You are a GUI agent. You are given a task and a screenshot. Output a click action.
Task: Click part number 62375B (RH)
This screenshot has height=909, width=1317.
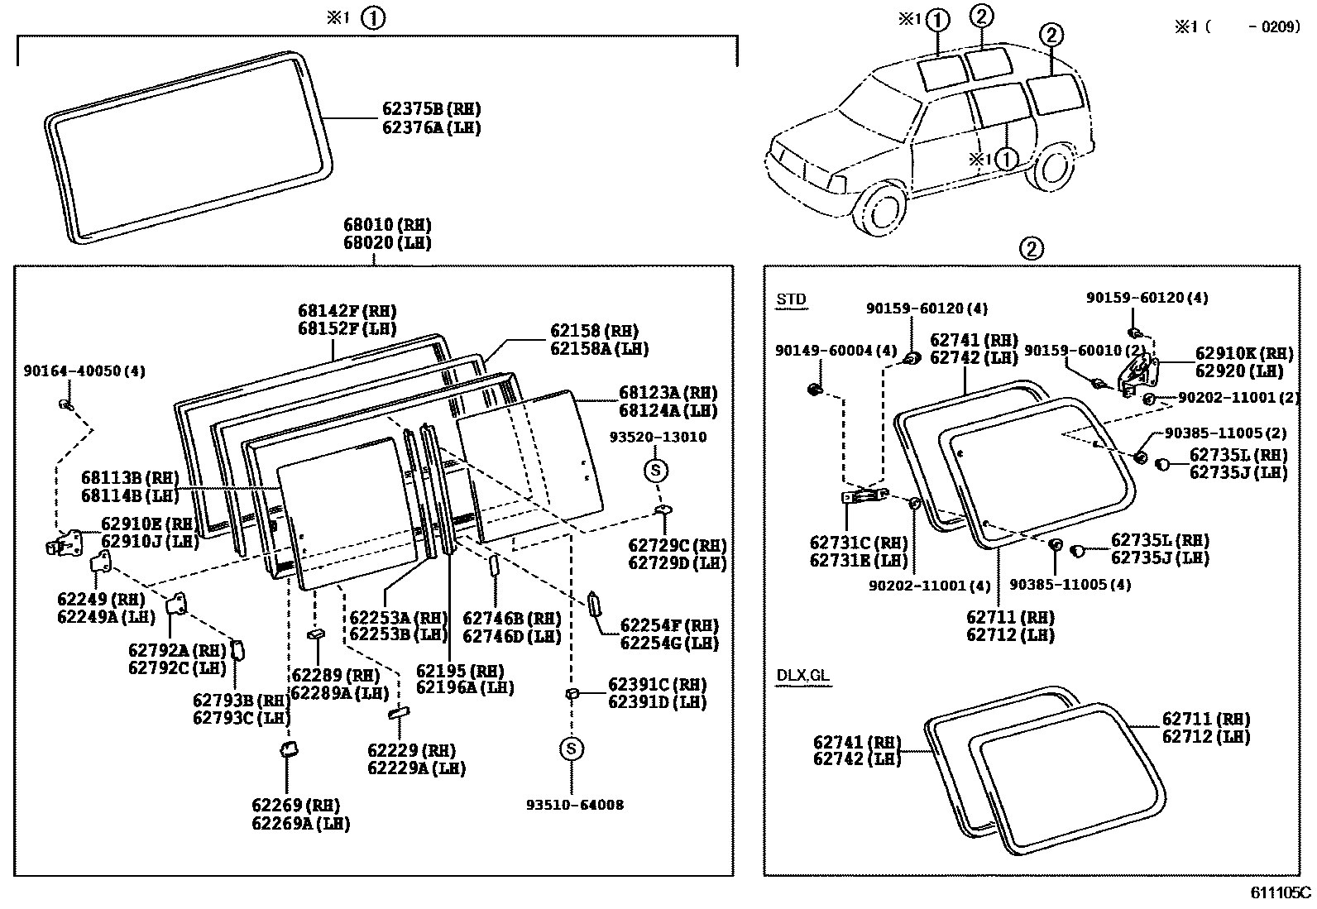pos(431,109)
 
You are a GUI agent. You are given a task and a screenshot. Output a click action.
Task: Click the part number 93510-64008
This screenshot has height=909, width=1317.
pos(575,804)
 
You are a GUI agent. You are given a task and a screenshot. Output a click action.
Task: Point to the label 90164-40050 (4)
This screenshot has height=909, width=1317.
pos(84,371)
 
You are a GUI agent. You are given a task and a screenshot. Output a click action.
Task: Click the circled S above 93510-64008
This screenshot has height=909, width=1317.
pos(572,749)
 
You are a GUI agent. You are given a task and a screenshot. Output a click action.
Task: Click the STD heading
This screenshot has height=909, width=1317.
pos(791,299)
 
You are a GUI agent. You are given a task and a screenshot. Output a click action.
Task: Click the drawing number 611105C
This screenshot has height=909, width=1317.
pos(1280,892)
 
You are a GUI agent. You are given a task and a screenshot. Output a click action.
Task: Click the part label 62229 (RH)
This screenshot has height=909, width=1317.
pos(411,751)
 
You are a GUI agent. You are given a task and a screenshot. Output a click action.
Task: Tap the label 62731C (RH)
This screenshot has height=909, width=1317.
pos(858,543)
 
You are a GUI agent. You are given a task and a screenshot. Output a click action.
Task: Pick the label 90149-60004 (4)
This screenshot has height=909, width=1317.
pos(836,351)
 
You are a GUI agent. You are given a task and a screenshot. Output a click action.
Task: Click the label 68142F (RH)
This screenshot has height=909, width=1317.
pos(347,312)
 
